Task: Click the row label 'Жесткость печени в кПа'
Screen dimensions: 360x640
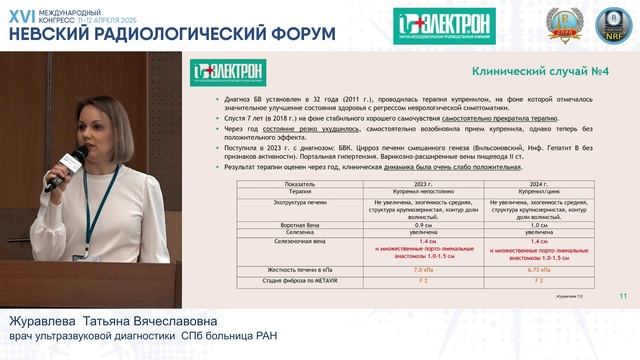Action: point(265,270)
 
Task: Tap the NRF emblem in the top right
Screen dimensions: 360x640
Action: point(609,23)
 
